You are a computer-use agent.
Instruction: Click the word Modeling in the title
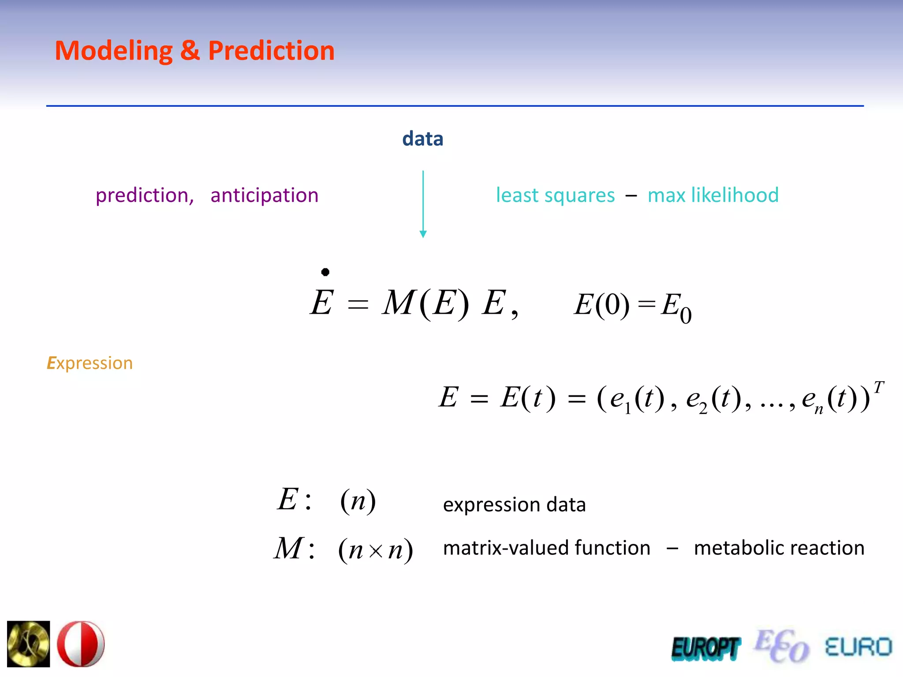(114, 51)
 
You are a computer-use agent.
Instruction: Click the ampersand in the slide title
(190, 50)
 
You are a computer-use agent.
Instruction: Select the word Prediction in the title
(271, 50)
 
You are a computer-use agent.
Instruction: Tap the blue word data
(422, 139)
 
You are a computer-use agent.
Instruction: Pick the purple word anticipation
(264, 195)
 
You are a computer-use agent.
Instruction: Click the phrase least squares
(555, 195)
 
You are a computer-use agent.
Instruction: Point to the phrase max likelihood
(713, 195)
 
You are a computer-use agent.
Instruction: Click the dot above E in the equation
(325, 272)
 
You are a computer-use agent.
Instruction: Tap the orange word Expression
(90, 363)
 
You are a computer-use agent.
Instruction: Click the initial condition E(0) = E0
(632, 306)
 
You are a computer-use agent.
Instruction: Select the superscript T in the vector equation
(878, 387)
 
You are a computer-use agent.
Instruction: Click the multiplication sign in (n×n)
(375, 551)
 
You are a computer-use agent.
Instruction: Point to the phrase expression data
(514, 505)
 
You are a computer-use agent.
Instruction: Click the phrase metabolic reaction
(779, 548)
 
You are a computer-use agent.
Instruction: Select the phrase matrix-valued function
(546, 548)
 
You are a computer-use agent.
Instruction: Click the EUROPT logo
(705, 649)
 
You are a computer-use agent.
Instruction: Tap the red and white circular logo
(81, 644)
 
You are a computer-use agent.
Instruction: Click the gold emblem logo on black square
(29, 644)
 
